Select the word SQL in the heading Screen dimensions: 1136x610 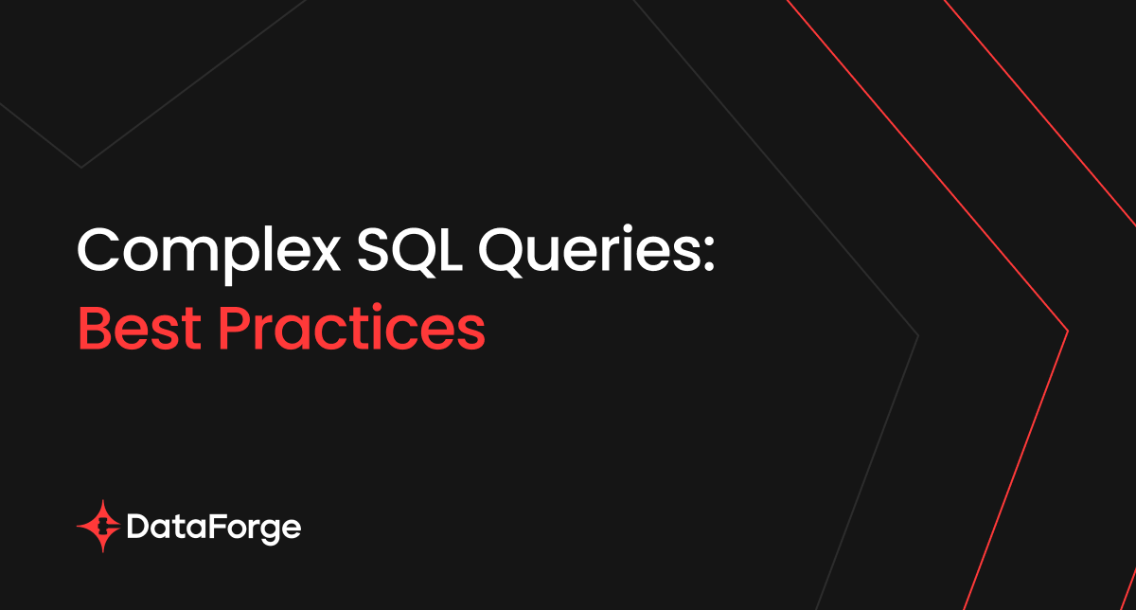click(410, 252)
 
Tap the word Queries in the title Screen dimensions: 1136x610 click(589, 250)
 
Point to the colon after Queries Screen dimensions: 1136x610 click(709, 253)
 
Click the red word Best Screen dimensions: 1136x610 click(140, 328)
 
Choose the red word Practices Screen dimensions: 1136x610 click(351, 328)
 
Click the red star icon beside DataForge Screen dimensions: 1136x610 click(99, 527)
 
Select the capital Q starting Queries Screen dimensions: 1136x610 click(501, 252)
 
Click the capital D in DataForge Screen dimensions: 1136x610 click(137, 527)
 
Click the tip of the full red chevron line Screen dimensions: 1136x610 click(1068, 332)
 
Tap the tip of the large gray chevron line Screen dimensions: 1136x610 click(918, 335)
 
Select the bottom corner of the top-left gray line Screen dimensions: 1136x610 click(81, 168)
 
